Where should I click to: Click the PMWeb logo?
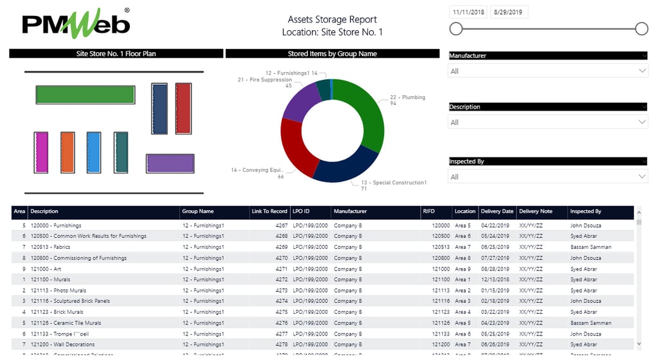click(76, 24)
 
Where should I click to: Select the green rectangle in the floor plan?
click(85, 94)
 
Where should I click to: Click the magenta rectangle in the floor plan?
click(41, 152)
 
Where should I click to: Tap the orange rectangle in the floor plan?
click(68, 152)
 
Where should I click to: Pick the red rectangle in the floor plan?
click(183, 108)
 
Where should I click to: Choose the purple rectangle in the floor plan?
click(170, 163)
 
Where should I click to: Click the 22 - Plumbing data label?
click(407, 98)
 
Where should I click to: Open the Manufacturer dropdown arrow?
click(641, 71)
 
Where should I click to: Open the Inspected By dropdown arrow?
click(641, 177)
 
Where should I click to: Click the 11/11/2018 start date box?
click(468, 12)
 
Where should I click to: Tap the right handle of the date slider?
click(641, 28)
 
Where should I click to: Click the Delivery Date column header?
click(498, 212)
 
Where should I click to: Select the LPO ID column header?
click(302, 212)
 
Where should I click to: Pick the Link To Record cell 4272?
click(281, 280)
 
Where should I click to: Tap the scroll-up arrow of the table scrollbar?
click(639, 212)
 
